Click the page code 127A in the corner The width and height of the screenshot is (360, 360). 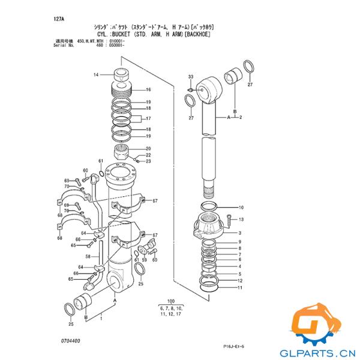[x=59, y=19]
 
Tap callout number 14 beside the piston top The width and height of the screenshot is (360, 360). [x=95, y=75]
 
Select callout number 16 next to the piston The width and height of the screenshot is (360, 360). [x=148, y=90]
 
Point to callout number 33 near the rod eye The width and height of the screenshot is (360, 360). [x=191, y=77]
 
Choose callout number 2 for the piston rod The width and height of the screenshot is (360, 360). [x=240, y=118]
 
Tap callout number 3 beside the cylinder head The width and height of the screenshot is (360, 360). [x=240, y=233]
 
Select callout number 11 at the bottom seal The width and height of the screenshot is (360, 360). [x=240, y=288]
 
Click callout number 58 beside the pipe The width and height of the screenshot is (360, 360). [x=87, y=256]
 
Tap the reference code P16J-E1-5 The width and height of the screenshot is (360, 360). [x=235, y=346]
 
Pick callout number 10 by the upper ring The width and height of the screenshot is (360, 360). [x=241, y=208]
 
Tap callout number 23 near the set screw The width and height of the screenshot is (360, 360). [x=148, y=161]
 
